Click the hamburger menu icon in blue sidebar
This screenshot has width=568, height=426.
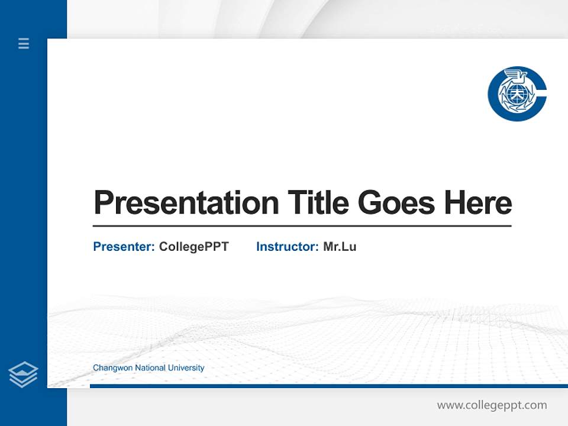24,43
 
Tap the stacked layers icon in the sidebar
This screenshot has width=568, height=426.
23,375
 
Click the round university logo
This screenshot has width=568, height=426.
517,93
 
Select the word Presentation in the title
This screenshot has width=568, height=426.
186,203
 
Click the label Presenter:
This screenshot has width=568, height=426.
124,247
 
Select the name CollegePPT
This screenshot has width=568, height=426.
193,247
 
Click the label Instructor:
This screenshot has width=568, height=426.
287,247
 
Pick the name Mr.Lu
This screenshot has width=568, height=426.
340,247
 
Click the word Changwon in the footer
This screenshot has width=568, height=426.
112,368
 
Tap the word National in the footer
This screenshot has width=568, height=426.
150,368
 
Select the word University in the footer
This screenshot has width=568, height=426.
186,368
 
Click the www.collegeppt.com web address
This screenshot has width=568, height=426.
492,405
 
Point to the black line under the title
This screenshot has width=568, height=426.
302,226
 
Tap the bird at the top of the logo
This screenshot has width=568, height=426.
514,76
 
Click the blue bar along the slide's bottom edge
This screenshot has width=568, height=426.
328,386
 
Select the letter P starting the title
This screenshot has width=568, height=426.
103,203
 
